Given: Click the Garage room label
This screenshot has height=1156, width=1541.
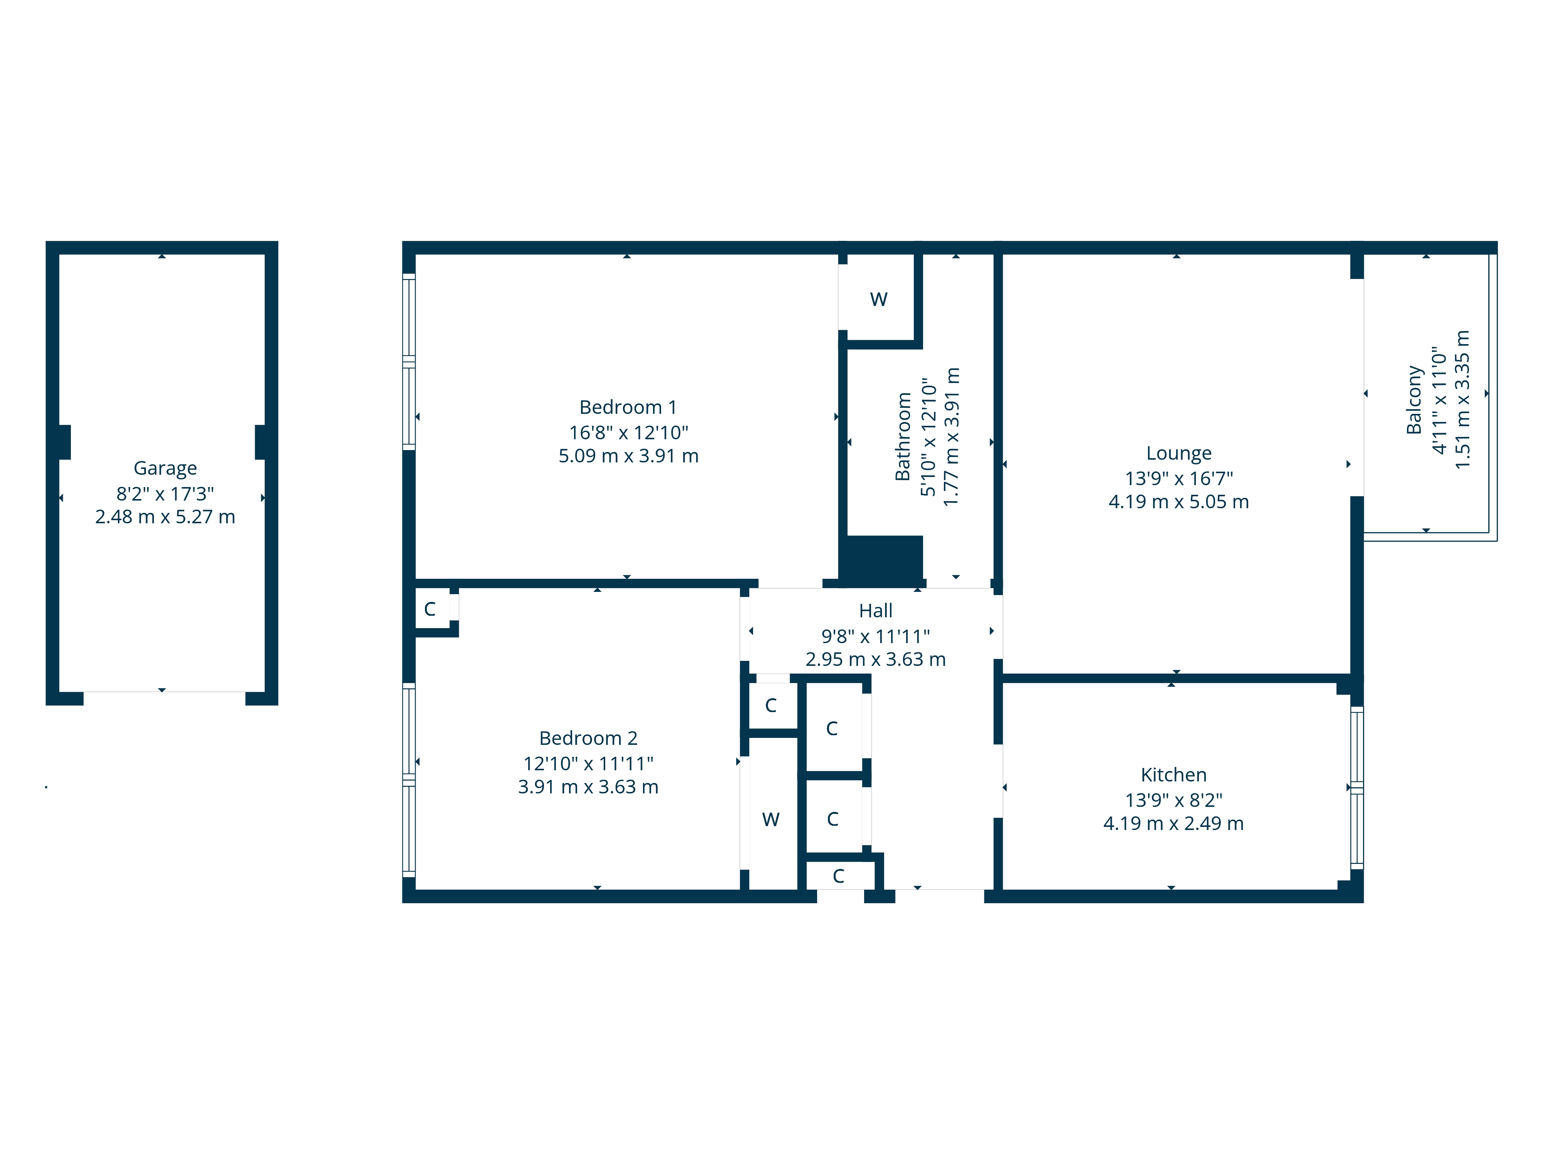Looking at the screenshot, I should click(x=165, y=468).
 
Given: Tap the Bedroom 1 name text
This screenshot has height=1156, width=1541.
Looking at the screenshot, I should click(x=628, y=407).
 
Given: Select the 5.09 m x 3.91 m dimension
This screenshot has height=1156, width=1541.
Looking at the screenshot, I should click(x=628, y=456).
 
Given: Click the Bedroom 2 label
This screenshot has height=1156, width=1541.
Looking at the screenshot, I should click(x=588, y=738).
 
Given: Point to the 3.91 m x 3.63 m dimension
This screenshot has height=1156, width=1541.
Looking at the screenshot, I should click(x=588, y=787).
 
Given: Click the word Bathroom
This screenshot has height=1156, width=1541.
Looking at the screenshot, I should click(x=903, y=437).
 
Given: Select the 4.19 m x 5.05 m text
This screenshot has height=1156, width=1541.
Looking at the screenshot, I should click(x=1179, y=502).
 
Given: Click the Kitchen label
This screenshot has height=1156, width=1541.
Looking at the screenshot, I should click(x=1173, y=775).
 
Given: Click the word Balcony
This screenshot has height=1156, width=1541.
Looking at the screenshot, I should click(x=1413, y=400).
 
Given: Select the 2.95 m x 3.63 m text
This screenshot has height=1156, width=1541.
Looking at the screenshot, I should click(x=875, y=659).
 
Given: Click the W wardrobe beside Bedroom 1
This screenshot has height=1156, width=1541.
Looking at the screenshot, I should click(x=878, y=300).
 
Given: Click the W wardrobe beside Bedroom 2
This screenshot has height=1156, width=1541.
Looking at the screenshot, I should click(x=770, y=820).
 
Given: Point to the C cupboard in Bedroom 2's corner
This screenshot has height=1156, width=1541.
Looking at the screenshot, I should click(x=430, y=609).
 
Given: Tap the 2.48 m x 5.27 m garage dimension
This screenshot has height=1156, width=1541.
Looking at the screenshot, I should click(x=165, y=517).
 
